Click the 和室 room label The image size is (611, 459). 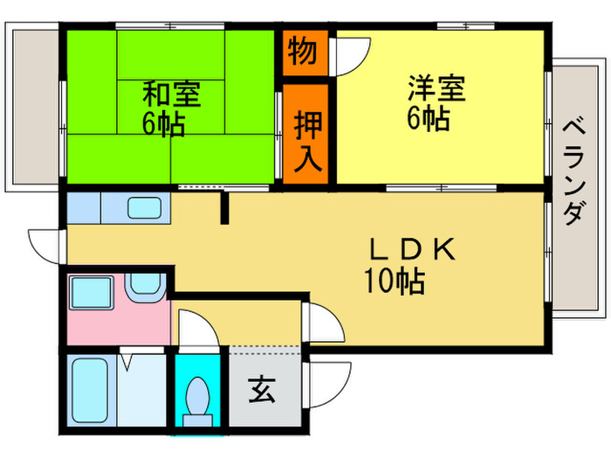click(172, 94)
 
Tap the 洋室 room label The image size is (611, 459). click(436, 87)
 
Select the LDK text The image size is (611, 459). click(413, 249)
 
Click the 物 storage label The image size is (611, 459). click(302, 51)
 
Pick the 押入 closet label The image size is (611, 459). click(308, 141)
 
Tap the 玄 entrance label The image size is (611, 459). click(262, 390)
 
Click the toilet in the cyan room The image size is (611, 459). click(198, 401)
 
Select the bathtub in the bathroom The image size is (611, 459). click(91, 390)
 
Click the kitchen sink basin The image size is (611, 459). click(144, 208)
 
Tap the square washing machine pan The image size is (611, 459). click(91, 293)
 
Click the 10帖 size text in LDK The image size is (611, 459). click(395, 281)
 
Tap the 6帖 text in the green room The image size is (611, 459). click(164, 124)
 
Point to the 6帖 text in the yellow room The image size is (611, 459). click(429, 117)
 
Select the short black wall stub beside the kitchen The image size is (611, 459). click(224, 207)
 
